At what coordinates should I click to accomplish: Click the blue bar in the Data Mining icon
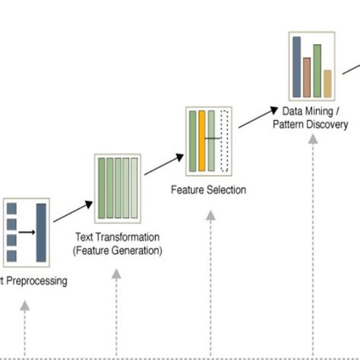pos(296,62)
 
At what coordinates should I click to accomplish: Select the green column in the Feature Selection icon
pos(193,141)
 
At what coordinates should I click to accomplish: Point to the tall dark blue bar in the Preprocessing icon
pos(41,232)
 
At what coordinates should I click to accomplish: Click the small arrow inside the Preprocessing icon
pos(27,232)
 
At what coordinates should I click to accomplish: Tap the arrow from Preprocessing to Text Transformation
pos(73,211)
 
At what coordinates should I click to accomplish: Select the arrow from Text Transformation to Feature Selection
pos(164,164)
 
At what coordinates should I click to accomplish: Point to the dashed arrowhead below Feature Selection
pos(210,216)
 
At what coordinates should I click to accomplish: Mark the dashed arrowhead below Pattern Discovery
pos(313,139)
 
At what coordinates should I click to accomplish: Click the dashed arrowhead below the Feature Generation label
pos(116,275)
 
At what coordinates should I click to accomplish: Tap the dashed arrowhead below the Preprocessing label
pos(24,305)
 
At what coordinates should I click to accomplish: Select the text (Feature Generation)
pos(117,249)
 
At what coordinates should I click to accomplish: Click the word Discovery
pos(328,124)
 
